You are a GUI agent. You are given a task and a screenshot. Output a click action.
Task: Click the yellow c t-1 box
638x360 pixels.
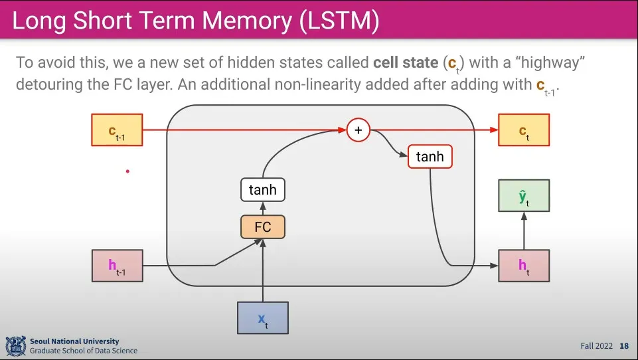point(118,130)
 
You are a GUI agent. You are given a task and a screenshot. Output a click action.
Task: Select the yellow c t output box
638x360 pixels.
point(524,130)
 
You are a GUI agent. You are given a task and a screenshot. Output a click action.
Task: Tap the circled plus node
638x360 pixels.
point(359,130)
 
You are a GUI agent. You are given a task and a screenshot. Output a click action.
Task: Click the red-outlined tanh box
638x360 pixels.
point(430,156)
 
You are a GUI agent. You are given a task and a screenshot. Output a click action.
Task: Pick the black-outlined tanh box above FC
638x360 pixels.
point(263,190)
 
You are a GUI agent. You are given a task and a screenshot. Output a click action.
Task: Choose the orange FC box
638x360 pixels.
point(263,227)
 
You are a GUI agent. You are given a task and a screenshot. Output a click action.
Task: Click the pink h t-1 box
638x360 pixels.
point(118,266)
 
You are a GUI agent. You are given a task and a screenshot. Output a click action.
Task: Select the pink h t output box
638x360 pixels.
point(524,266)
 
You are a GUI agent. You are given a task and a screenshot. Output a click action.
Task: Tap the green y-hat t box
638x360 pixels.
point(524,195)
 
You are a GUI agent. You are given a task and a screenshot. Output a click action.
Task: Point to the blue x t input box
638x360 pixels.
point(263,317)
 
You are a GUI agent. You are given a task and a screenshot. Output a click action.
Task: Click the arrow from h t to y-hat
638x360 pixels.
point(524,231)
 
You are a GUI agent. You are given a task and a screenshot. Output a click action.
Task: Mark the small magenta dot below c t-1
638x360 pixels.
point(127,171)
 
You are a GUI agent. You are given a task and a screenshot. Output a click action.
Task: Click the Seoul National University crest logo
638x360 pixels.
point(16,346)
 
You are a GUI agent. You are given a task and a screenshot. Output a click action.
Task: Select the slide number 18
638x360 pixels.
point(624,346)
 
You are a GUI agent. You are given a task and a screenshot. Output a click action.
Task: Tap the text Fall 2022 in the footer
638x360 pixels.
point(596,346)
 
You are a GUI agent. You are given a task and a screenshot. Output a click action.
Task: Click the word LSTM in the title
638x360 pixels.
point(339,21)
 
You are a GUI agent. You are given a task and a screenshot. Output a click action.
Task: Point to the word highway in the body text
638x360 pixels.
point(550,62)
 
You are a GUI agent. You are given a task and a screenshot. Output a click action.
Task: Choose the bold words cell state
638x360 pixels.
point(406,62)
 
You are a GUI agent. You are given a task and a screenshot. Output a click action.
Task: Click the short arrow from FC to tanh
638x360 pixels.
point(263,208)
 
